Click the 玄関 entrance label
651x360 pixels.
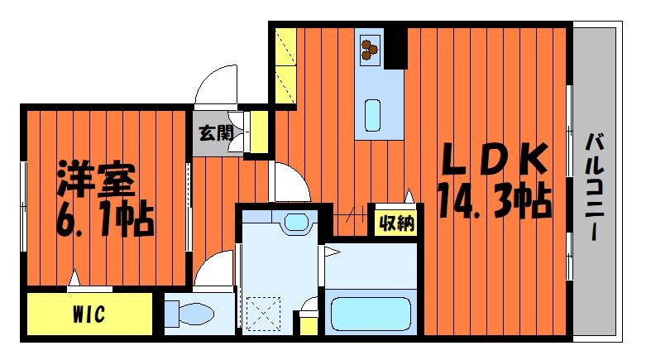(x=215, y=133)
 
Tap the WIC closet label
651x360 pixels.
(x=89, y=314)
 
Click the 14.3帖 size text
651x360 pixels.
(x=495, y=201)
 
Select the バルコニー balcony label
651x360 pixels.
(x=594, y=186)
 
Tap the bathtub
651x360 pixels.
(x=371, y=314)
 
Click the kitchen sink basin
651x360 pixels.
(x=372, y=115)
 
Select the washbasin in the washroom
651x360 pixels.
(x=295, y=221)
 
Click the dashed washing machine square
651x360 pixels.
(x=263, y=314)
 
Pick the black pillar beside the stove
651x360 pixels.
(x=395, y=48)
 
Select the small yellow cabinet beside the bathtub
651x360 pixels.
(x=309, y=323)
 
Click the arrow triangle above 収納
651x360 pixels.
(x=409, y=195)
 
